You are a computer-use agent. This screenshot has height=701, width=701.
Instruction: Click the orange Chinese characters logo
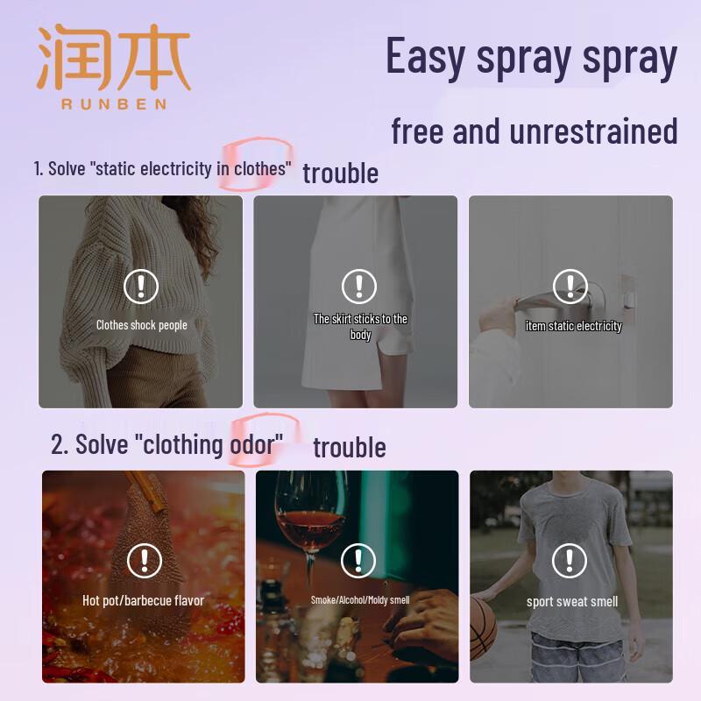pyautogui.click(x=113, y=57)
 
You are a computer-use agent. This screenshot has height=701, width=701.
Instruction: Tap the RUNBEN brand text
pyautogui.click(x=113, y=104)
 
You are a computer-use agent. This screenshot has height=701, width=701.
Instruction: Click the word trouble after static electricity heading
pyautogui.click(x=340, y=173)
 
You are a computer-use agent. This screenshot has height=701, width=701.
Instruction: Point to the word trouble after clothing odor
pyautogui.click(x=349, y=447)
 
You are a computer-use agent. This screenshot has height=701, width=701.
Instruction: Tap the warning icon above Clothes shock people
pyautogui.click(x=141, y=287)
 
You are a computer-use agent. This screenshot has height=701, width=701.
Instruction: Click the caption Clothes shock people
pyautogui.click(x=141, y=325)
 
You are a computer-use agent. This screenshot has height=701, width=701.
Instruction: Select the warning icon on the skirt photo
pyautogui.click(x=358, y=287)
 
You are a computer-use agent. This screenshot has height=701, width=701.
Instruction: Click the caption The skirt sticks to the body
pyautogui.click(x=360, y=326)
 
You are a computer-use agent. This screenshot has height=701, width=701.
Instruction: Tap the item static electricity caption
pyautogui.click(x=573, y=326)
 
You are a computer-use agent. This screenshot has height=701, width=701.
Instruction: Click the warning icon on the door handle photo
pyautogui.click(x=570, y=287)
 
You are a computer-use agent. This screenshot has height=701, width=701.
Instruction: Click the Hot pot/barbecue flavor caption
pyautogui.click(x=143, y=600)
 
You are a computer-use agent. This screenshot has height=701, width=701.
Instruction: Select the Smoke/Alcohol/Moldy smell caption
pyautogui.click(x=359, y=600)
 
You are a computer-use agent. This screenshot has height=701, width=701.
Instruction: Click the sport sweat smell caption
pyautogui.click(x=571, y=601)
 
